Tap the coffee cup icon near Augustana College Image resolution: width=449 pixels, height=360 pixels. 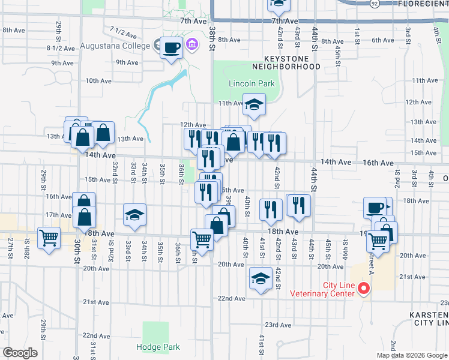172,47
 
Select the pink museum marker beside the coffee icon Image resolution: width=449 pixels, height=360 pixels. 192,44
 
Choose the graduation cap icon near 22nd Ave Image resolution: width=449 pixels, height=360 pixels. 261,278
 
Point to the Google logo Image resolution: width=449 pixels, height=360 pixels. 20,353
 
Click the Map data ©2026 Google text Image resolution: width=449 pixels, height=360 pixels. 412,355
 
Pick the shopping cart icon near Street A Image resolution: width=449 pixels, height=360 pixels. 378,240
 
